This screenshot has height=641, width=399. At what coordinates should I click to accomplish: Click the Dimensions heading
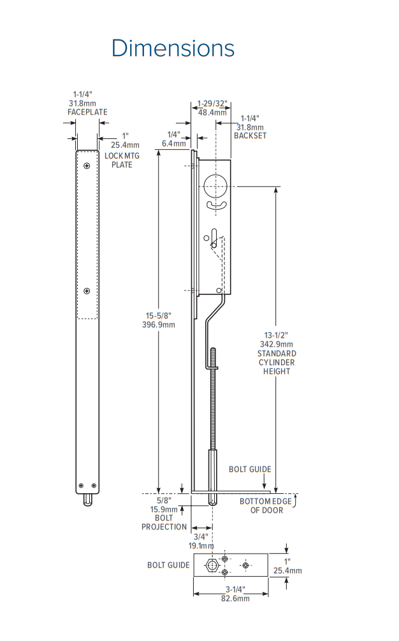(173, 48)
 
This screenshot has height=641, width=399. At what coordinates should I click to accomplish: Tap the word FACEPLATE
(87, 112)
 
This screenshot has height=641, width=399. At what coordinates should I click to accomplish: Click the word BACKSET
(250, 136)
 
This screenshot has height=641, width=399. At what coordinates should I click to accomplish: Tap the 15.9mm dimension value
(164, 509)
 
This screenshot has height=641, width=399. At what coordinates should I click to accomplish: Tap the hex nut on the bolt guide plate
(212, 565)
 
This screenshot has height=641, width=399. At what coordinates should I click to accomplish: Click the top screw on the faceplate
(87, 166)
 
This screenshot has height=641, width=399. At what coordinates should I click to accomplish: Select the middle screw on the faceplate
(87, 292)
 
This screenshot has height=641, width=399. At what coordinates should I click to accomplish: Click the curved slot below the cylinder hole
(216, 205)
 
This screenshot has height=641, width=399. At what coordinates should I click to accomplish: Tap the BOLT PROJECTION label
(164, 522)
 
